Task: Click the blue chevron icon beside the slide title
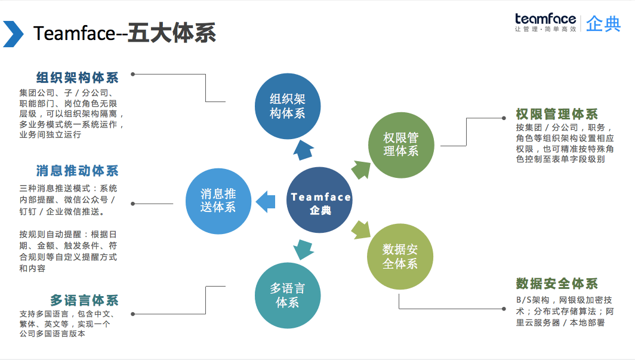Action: click(13, 33)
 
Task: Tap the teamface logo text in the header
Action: click(545, 19)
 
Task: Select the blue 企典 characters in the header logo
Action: click(603, 24)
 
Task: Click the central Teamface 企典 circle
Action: click(320, 200)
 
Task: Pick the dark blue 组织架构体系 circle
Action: click(287, 106)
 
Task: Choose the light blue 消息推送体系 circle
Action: click(218, 200)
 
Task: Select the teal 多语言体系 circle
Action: click(287, 295)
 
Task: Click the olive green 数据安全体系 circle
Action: click(400, 256)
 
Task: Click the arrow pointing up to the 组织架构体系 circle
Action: click(304, 150)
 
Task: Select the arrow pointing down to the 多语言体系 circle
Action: click(304, 249)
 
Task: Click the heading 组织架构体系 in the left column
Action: click(77, 78)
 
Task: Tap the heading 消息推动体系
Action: click(77, 171)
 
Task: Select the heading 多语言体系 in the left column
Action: click(84, 300)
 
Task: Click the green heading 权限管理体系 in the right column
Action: click(556, 113)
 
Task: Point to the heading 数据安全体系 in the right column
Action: click(556, 283)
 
